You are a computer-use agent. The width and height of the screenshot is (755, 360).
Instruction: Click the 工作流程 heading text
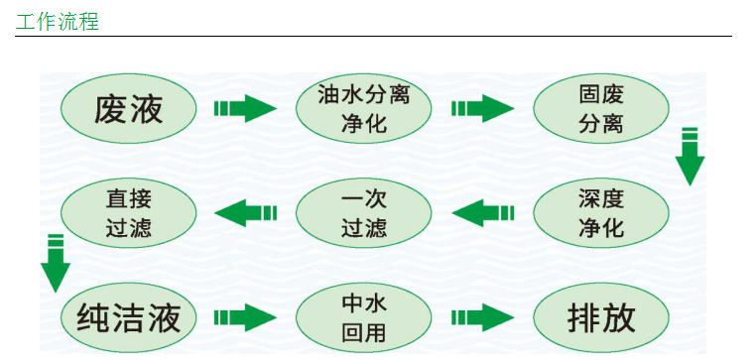pos(57,20)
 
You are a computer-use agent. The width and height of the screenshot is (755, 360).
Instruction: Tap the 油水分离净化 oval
pos(364,108)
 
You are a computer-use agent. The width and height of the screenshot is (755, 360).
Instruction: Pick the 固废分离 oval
pos(601,108)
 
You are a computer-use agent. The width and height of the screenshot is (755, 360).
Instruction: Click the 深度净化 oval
pos(601,212)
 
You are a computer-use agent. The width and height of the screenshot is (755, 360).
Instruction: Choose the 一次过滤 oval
pos(364,212)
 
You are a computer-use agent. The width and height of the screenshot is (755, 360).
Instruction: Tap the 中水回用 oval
pos(364,317)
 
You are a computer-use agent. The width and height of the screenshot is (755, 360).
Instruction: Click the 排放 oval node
pos(601,317)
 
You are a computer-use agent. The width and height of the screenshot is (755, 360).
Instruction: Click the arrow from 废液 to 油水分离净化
pos(244,108)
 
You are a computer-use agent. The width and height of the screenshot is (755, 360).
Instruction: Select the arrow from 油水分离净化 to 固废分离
pos(483,108)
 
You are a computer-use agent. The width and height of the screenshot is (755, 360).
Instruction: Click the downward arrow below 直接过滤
pos(56,263)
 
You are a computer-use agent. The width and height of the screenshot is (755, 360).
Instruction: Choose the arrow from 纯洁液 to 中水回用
pos(244,318)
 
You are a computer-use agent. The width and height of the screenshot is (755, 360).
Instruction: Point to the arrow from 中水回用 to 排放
pos(483,318)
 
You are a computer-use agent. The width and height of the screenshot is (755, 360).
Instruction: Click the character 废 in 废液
pos(111,109)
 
